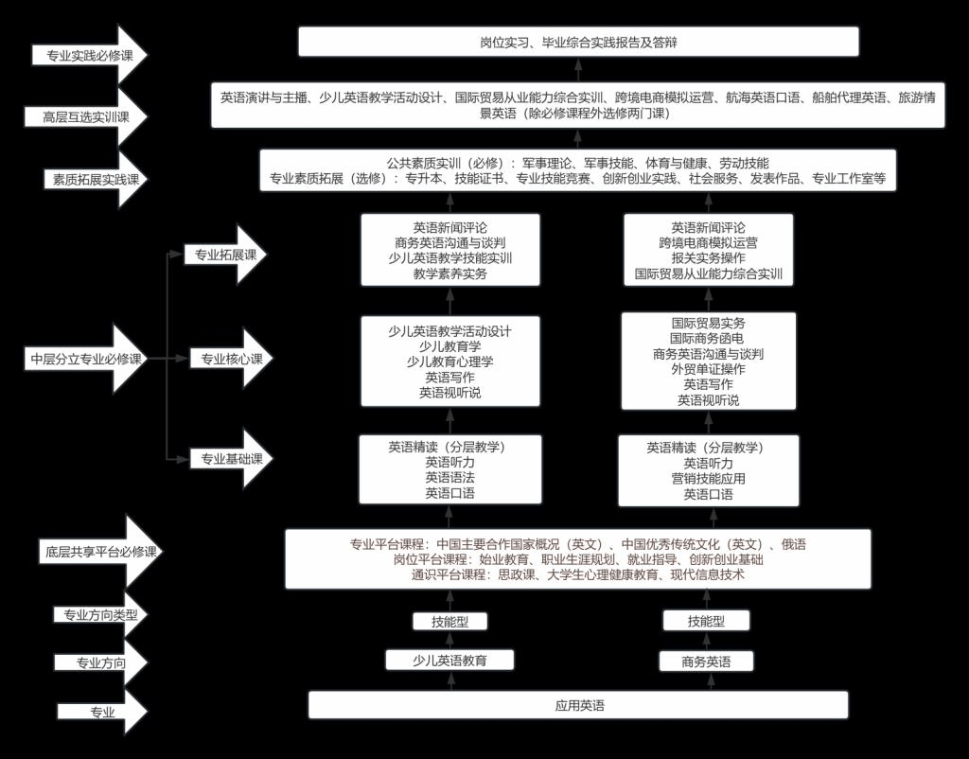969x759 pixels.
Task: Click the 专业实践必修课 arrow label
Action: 90,55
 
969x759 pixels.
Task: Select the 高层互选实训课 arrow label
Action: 86,116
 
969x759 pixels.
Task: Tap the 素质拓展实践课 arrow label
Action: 96,180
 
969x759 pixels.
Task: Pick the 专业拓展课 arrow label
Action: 225,255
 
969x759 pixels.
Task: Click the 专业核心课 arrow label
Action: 232,359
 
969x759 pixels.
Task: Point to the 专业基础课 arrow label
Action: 232,459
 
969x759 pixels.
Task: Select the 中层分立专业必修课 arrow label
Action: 87,359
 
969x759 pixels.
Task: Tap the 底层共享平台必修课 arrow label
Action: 100,552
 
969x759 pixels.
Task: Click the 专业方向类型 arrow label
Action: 100,615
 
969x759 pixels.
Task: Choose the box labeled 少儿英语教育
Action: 449,661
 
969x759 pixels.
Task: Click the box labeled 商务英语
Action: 706,662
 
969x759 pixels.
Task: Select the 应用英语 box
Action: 578,705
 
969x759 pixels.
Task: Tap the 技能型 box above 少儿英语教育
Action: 449,621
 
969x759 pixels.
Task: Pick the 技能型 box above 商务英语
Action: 706,621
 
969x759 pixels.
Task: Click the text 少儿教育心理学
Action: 449,362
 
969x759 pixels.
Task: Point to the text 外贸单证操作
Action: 708,369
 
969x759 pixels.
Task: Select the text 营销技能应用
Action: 708,478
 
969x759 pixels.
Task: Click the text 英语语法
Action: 449,477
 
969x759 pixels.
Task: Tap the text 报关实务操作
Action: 708,257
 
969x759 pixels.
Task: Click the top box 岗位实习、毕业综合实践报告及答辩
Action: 578,42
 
